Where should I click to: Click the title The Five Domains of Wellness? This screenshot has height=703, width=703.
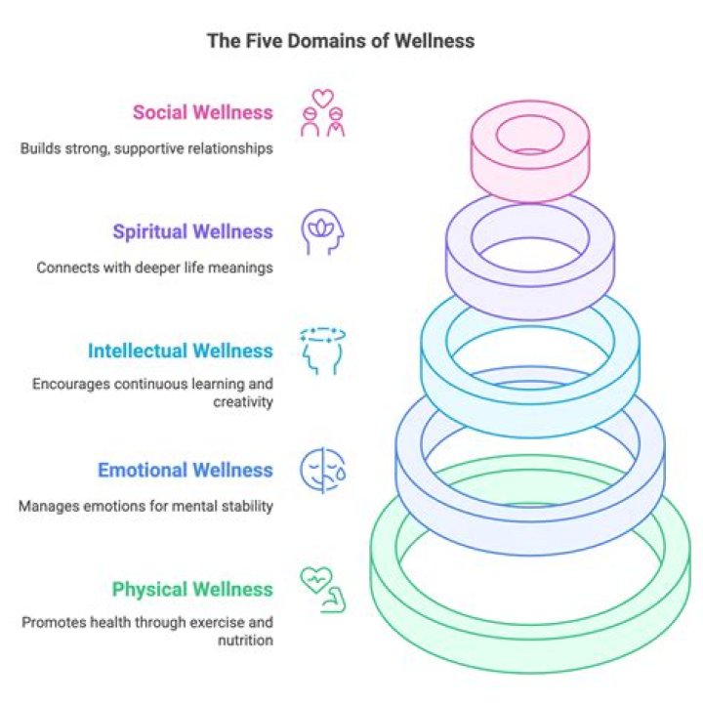tap(340, 41)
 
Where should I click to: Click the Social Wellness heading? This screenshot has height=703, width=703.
tap(203, 112)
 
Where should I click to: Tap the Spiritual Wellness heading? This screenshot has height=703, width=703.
tap(192, 232)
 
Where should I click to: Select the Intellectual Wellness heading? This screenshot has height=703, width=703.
tap(180, 351)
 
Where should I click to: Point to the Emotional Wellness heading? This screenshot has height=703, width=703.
tap(185, 471)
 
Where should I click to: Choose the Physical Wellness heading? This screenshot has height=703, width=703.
tap(192, 590)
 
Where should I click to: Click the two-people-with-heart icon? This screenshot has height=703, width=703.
tap(322, 113)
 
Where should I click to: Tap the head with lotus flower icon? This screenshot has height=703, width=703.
tap(322, 232)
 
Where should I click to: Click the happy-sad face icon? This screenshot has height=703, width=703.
tap(322, 471)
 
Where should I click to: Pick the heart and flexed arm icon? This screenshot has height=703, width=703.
tap(322, 590)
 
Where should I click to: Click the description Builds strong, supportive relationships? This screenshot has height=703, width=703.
tap(145, 148)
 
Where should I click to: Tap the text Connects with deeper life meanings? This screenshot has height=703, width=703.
tap(154, 267)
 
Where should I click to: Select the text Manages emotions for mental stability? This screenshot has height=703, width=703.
tap(145, 506)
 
